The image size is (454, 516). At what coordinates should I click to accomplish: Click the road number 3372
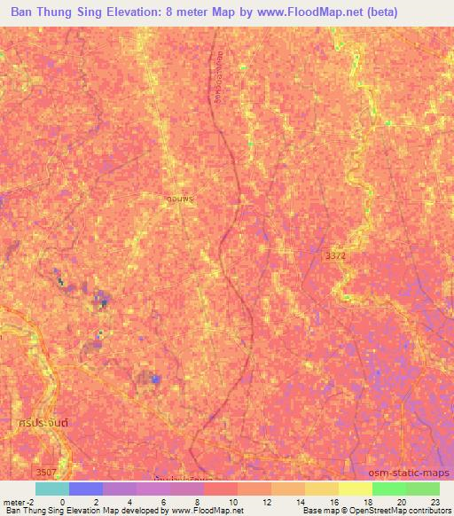336,255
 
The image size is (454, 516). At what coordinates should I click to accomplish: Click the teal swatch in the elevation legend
52,489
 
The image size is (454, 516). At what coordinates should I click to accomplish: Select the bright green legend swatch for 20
389,489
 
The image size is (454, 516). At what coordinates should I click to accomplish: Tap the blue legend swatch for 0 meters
86,489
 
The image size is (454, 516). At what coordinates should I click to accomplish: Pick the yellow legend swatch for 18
356,489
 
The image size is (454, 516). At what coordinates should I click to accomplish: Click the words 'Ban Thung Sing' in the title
59,12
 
